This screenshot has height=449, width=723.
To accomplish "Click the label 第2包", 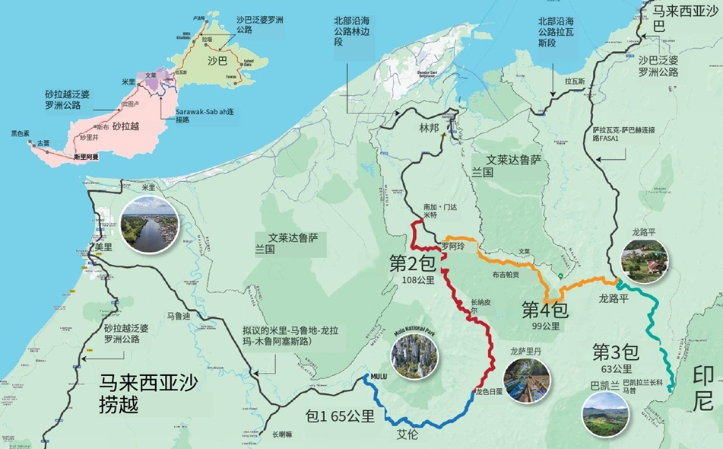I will pos(412,263).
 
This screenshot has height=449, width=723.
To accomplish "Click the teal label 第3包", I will pos(615,352).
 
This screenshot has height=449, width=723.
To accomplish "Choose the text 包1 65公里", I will pos(340,416).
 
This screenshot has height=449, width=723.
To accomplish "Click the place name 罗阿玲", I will pos(452,247).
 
